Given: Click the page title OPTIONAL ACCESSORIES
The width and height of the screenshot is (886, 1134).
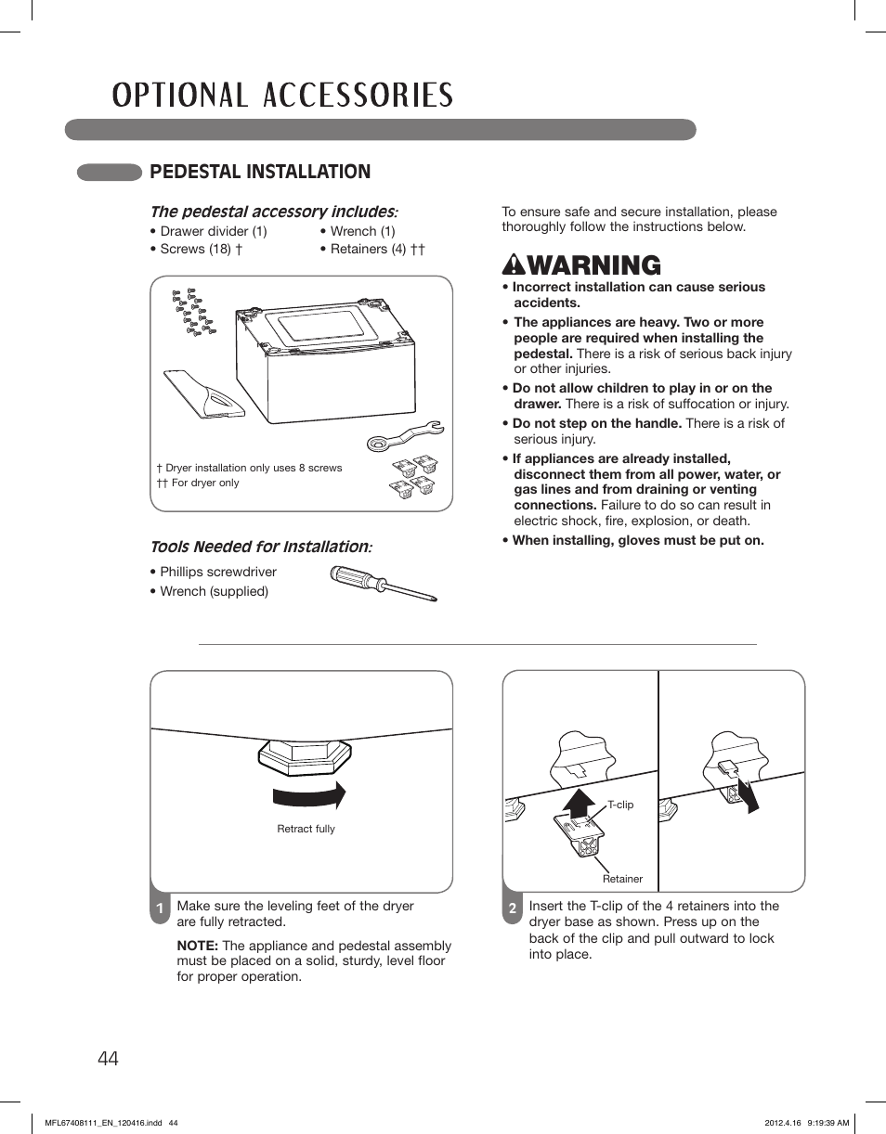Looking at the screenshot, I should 282,96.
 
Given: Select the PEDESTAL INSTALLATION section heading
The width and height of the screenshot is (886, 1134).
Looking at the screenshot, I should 260,172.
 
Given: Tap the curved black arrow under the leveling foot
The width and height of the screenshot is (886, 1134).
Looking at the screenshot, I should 308,795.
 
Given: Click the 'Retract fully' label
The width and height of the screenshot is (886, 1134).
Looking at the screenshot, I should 306,829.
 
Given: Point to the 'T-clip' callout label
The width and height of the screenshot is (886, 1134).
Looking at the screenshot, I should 620,805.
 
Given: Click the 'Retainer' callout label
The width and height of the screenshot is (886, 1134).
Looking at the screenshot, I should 622,879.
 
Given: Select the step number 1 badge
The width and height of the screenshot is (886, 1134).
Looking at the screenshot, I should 160,909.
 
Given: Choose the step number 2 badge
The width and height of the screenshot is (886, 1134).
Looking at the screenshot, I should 512,909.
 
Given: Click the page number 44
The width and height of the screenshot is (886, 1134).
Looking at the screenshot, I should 107,1058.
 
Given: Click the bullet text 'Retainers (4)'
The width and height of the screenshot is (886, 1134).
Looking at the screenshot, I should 368,249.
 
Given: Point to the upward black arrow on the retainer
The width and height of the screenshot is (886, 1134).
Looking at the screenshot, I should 580,800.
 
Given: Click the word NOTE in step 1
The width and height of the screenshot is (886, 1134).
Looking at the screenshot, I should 197,946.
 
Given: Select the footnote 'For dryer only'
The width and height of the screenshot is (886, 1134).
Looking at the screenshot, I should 204,483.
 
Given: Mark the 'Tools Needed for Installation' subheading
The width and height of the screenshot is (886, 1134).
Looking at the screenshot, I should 260,547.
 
